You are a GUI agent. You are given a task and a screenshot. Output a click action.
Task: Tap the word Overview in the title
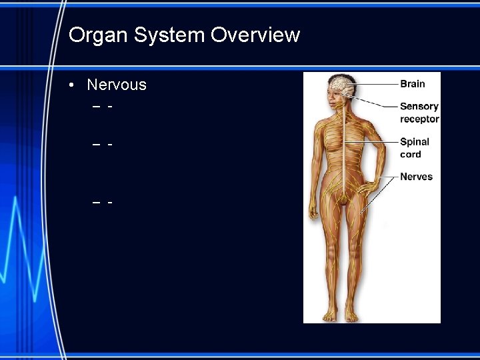(x=255, y=35)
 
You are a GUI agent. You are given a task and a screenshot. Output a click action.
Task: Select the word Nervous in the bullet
(x=117, y=85)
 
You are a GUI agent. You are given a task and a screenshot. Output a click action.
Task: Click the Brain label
(x=412, y=84)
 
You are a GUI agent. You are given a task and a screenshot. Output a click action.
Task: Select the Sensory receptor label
(x=419, y=112)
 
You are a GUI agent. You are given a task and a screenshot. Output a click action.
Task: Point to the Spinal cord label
(x=414, y=147)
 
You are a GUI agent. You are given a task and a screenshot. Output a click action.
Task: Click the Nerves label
(x=416, y=177)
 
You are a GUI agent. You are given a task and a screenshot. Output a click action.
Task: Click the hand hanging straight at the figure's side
(x=313, y=213)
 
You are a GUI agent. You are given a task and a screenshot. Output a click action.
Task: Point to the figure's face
(x=335, y=98)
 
